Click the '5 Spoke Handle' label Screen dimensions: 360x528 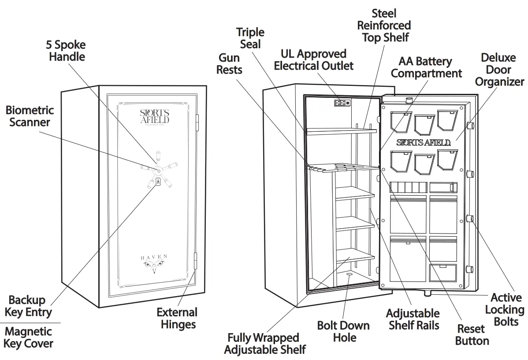click(67, 51)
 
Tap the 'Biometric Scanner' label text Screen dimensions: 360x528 click(30, 116)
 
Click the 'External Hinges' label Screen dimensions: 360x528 click(176, 319)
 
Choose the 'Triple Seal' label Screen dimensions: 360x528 click(250, 38)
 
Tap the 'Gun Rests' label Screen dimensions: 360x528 click(229, 63)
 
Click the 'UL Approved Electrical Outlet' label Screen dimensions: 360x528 click(313, 60)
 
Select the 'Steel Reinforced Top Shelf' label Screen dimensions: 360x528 click(384, 26)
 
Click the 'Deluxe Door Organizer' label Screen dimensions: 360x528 click(499, 70)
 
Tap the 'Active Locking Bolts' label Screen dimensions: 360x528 click(506, 310)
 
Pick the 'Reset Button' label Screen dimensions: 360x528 click(472, 335)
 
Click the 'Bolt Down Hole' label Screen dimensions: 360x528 click(343, 331)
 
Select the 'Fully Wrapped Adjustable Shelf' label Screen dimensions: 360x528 click(264, 344)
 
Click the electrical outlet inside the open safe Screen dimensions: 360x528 click(342, 103)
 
